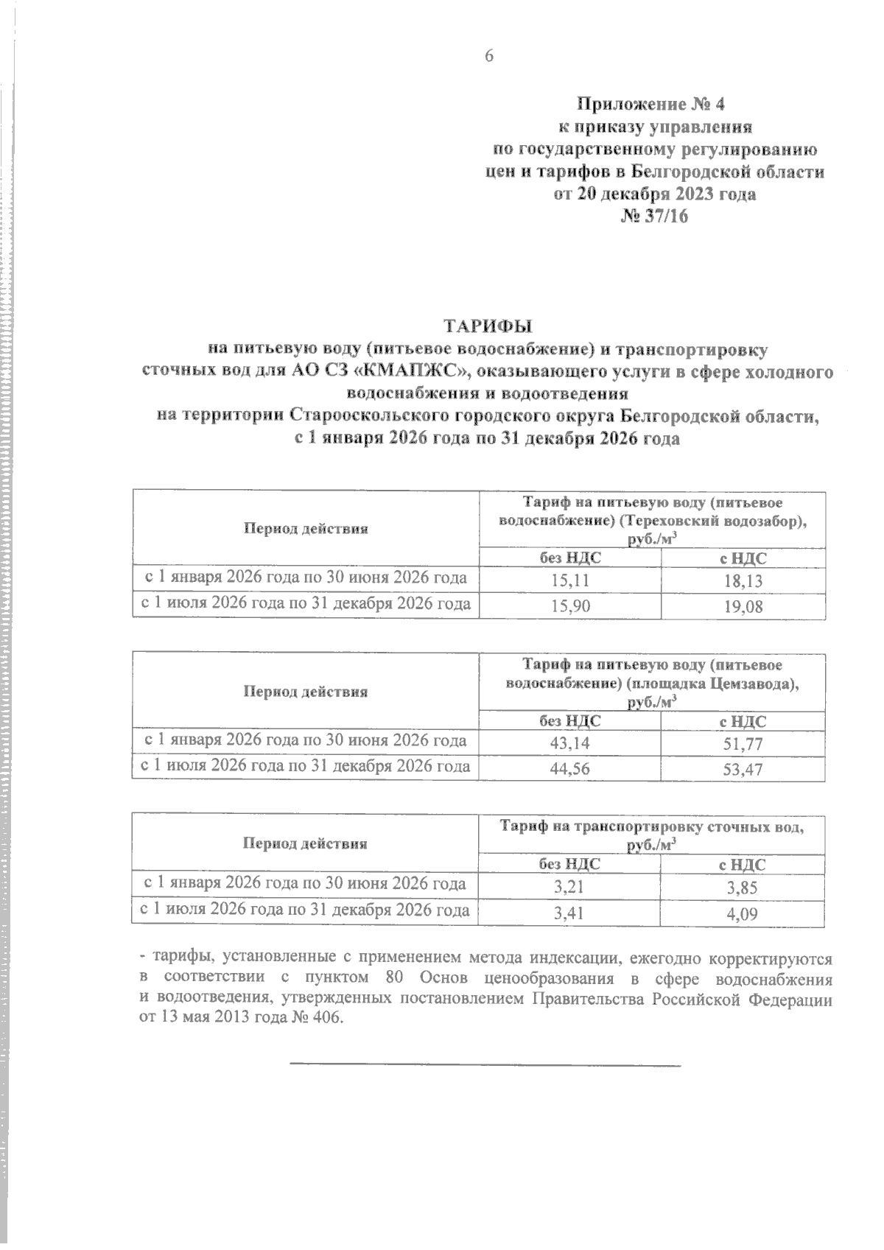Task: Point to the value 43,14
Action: tap(569, 744)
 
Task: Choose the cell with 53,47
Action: tap(743, 770)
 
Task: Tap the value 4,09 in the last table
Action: tap(742, 915)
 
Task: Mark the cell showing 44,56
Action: tap(569, 770)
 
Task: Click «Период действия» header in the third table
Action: tap(305, 843)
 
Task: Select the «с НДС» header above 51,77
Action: tap(743, 722)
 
